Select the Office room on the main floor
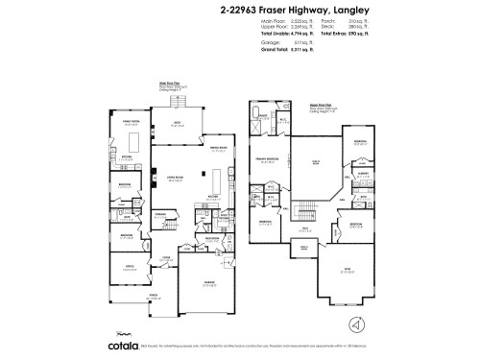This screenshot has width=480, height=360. point(129,268)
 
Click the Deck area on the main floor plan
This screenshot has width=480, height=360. point(176,122)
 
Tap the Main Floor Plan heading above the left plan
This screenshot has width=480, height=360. point(170,83)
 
